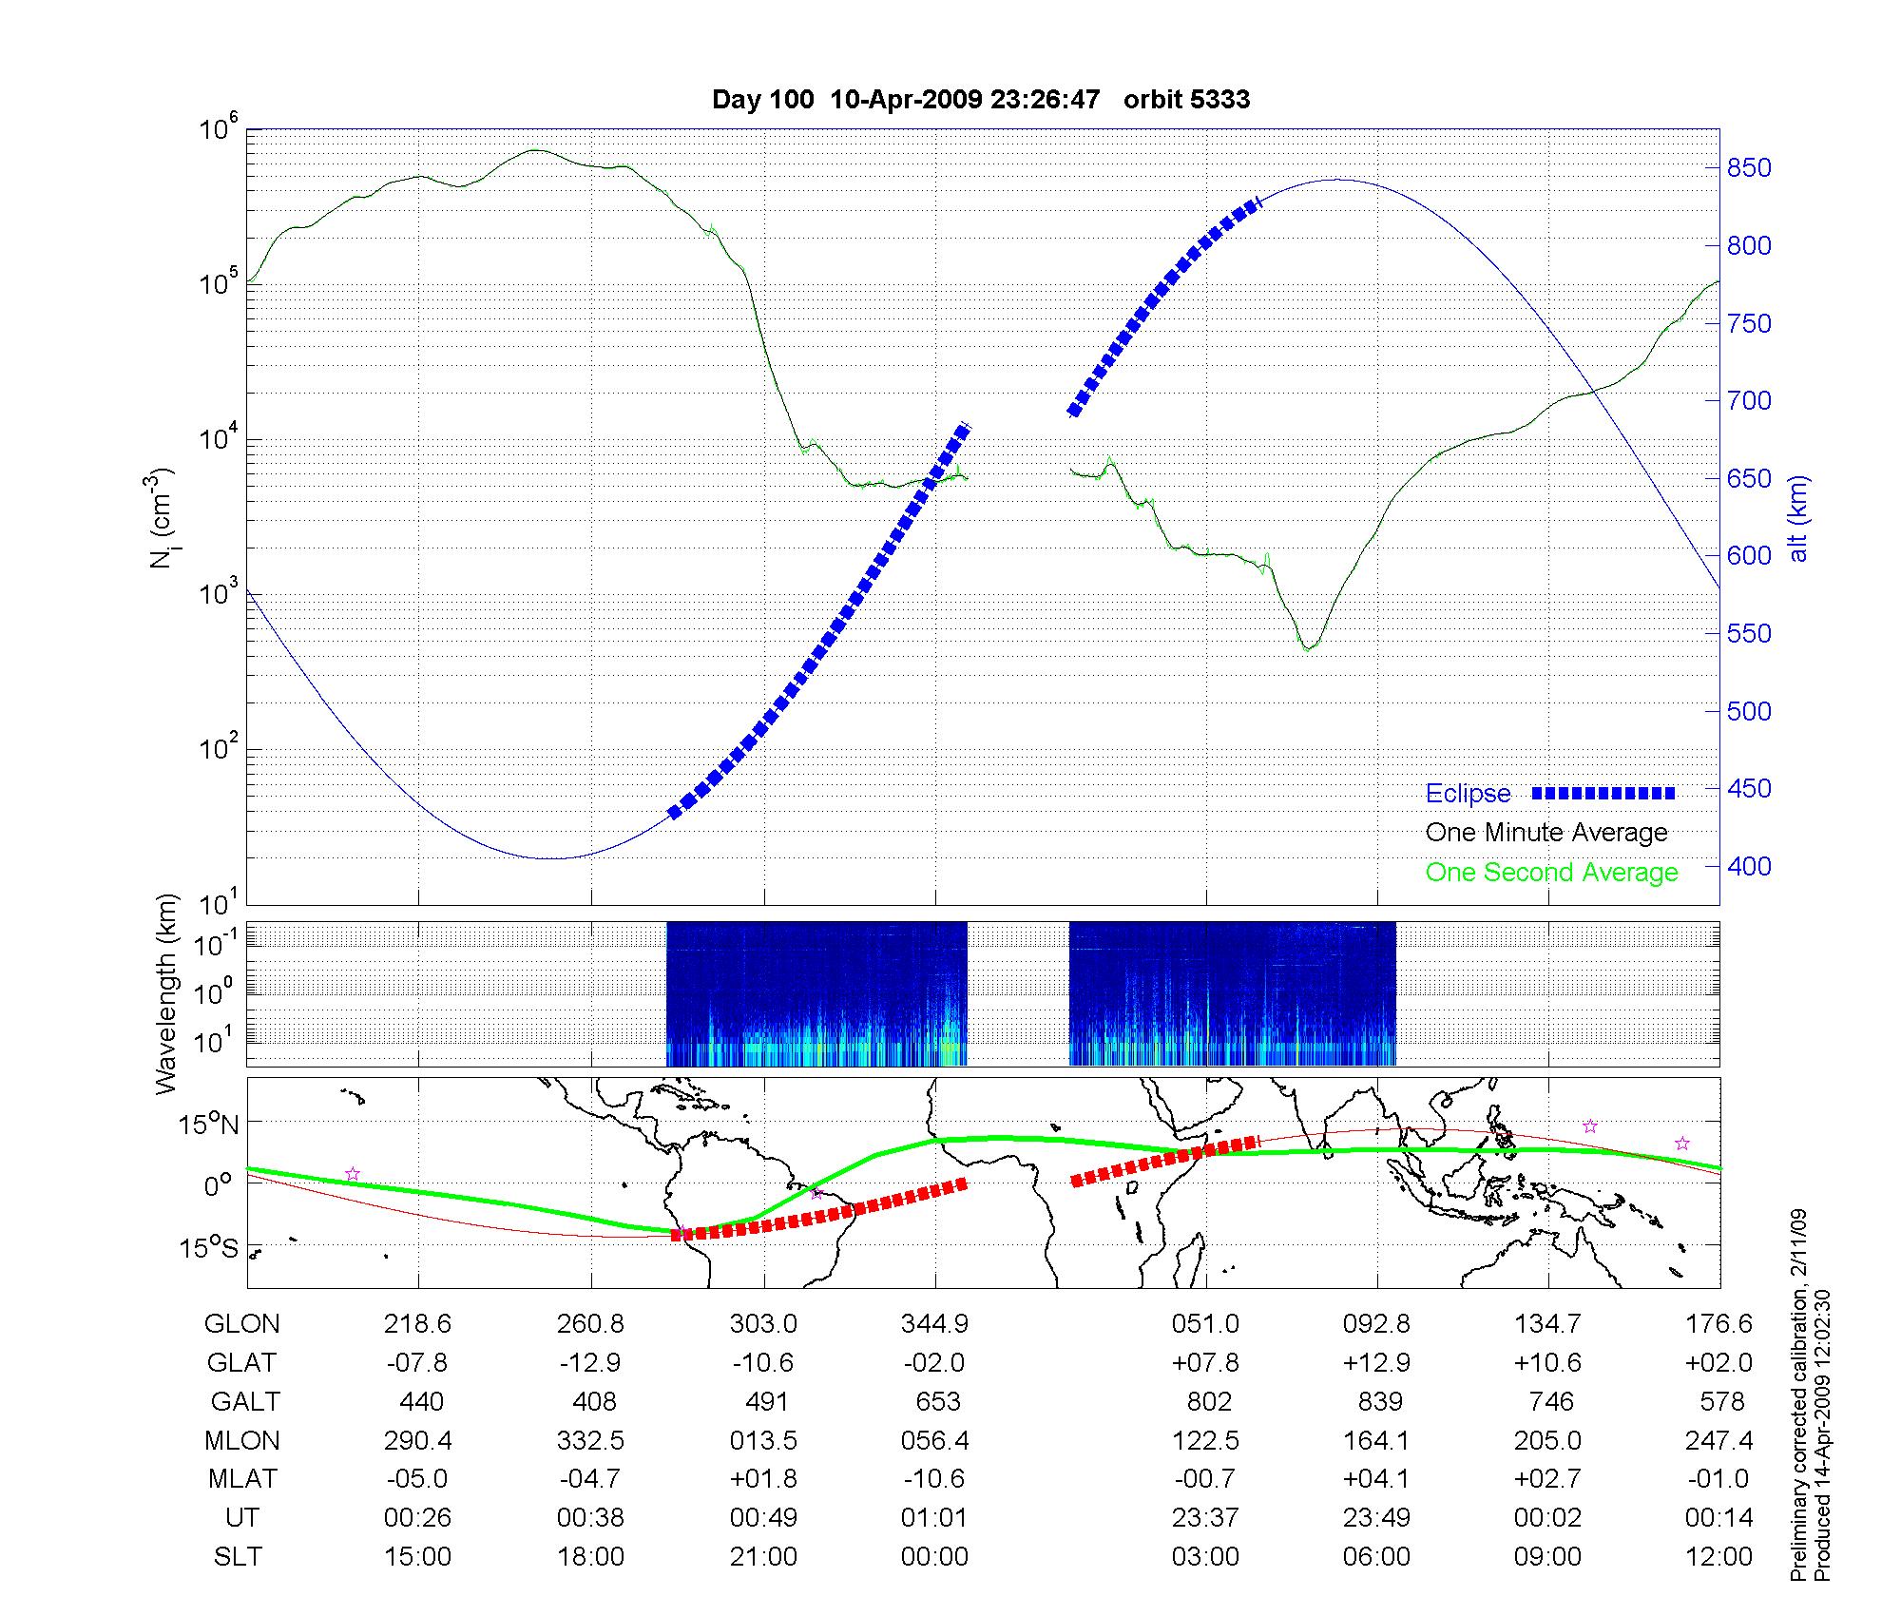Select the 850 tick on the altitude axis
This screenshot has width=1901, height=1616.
1749,168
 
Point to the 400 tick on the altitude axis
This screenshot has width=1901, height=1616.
1749,866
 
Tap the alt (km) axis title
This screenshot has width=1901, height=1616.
1799,518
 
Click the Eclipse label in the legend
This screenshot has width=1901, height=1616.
1468,794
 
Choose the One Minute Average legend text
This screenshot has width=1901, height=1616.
1546,833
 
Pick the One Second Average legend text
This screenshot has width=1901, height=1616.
1551,873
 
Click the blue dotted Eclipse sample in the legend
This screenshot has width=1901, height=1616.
1603,793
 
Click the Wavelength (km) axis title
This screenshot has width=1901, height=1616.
166,993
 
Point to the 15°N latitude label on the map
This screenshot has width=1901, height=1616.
208,1125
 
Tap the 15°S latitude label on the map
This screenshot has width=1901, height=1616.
208,1247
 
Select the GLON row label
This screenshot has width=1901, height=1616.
242,1324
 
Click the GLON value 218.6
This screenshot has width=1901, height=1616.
417,1324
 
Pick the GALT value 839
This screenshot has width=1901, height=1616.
1379,1402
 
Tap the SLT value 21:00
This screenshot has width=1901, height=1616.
763,1557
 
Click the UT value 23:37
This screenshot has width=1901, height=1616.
1205,1518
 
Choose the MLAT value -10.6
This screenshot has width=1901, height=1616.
935,1479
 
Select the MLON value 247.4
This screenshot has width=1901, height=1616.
1719,1441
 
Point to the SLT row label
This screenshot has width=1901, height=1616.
238,1557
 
